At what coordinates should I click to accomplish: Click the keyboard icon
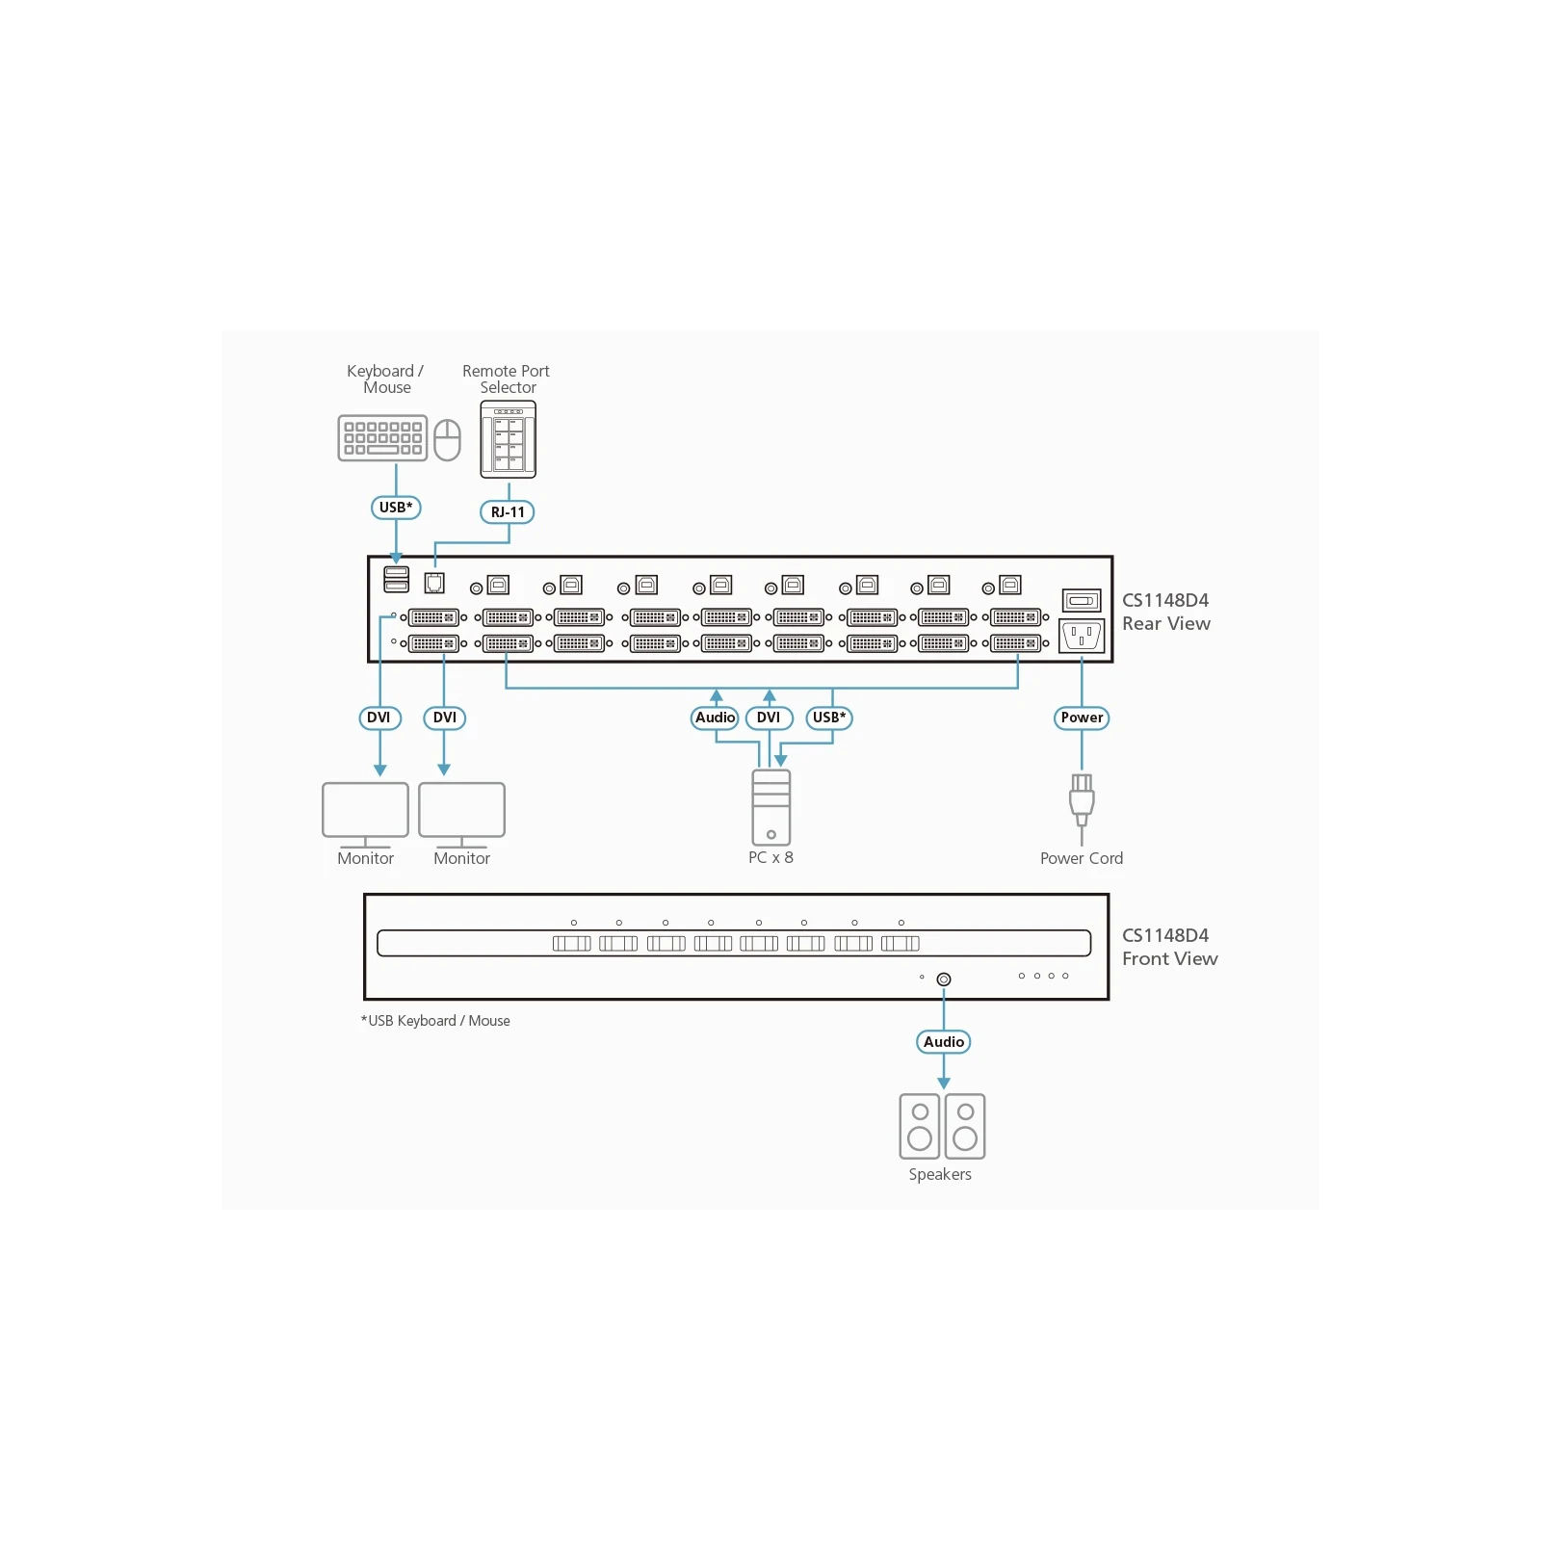pyautogui.click(x=382, y=438)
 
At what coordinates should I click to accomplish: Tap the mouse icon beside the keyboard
pyautogui.click(x=447, y=440)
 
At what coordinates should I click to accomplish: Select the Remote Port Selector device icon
pyautogui.click(x=508, y=439)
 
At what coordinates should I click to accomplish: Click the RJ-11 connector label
pyautogui.click(x=508, y=512)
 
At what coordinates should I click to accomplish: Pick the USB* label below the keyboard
pyautogui.click(x=396, y=508)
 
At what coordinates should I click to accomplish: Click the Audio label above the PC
pyautogui.click(x=716, y=718)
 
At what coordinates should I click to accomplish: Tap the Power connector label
pyautogui.click(x=1082, y=718)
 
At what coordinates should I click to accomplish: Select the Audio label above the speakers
pyautogui.click(x=944, y=1042)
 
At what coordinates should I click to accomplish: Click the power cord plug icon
pyautogui.click(x=1082, y=800)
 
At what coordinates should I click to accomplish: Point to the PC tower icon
pyautogui.click(x=771, y=807)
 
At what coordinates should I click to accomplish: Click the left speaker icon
pyautogui.click(x=920, y=1126)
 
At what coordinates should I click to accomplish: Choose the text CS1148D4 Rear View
pyautogui.click(x=1165, y=612)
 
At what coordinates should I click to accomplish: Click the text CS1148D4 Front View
pyautogui.click(x=1169, y=947)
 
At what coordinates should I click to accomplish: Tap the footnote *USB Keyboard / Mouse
pyautogui.click(x=435, y=1021)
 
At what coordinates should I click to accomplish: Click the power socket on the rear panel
pyautogui.click(x=1082, y=637)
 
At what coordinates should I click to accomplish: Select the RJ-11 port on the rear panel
pyautogui.click(x=434, y=583)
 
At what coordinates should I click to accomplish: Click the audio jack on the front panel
pyautogui.click(x=944, y=979)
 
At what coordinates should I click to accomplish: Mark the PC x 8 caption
pyautogui.click(x=770, y=858)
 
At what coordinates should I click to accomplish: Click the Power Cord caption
pyautogui.click(x=1082, y=858)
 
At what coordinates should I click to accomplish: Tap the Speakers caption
pyautogui.click(x=940, y=1175)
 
